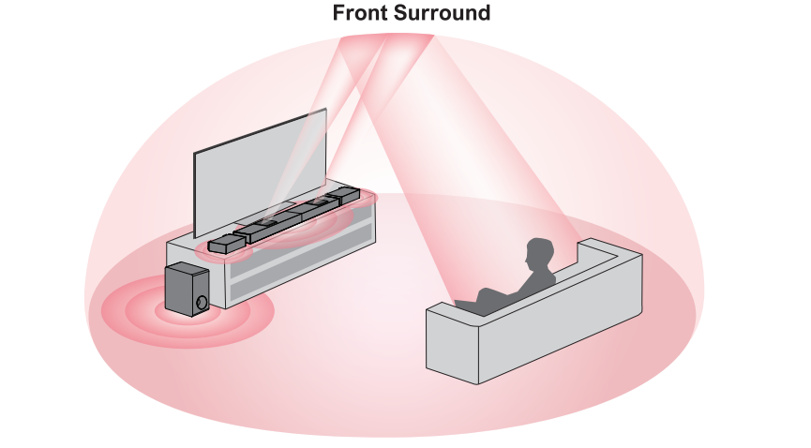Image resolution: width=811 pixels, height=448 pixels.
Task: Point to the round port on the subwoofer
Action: point(202,302)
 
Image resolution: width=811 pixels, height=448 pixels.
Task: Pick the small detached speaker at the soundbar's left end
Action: point(222,245)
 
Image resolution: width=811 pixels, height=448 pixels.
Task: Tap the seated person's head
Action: point(539,254)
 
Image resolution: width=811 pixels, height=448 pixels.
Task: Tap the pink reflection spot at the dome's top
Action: point(386,40)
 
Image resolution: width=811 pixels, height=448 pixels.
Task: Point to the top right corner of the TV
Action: point(325,112)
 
